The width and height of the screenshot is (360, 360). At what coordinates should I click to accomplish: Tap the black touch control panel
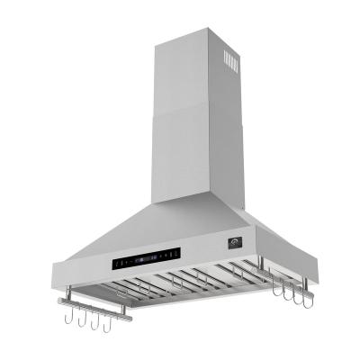point(149,261)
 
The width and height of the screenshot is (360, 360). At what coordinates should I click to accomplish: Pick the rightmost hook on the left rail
point(109,319)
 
